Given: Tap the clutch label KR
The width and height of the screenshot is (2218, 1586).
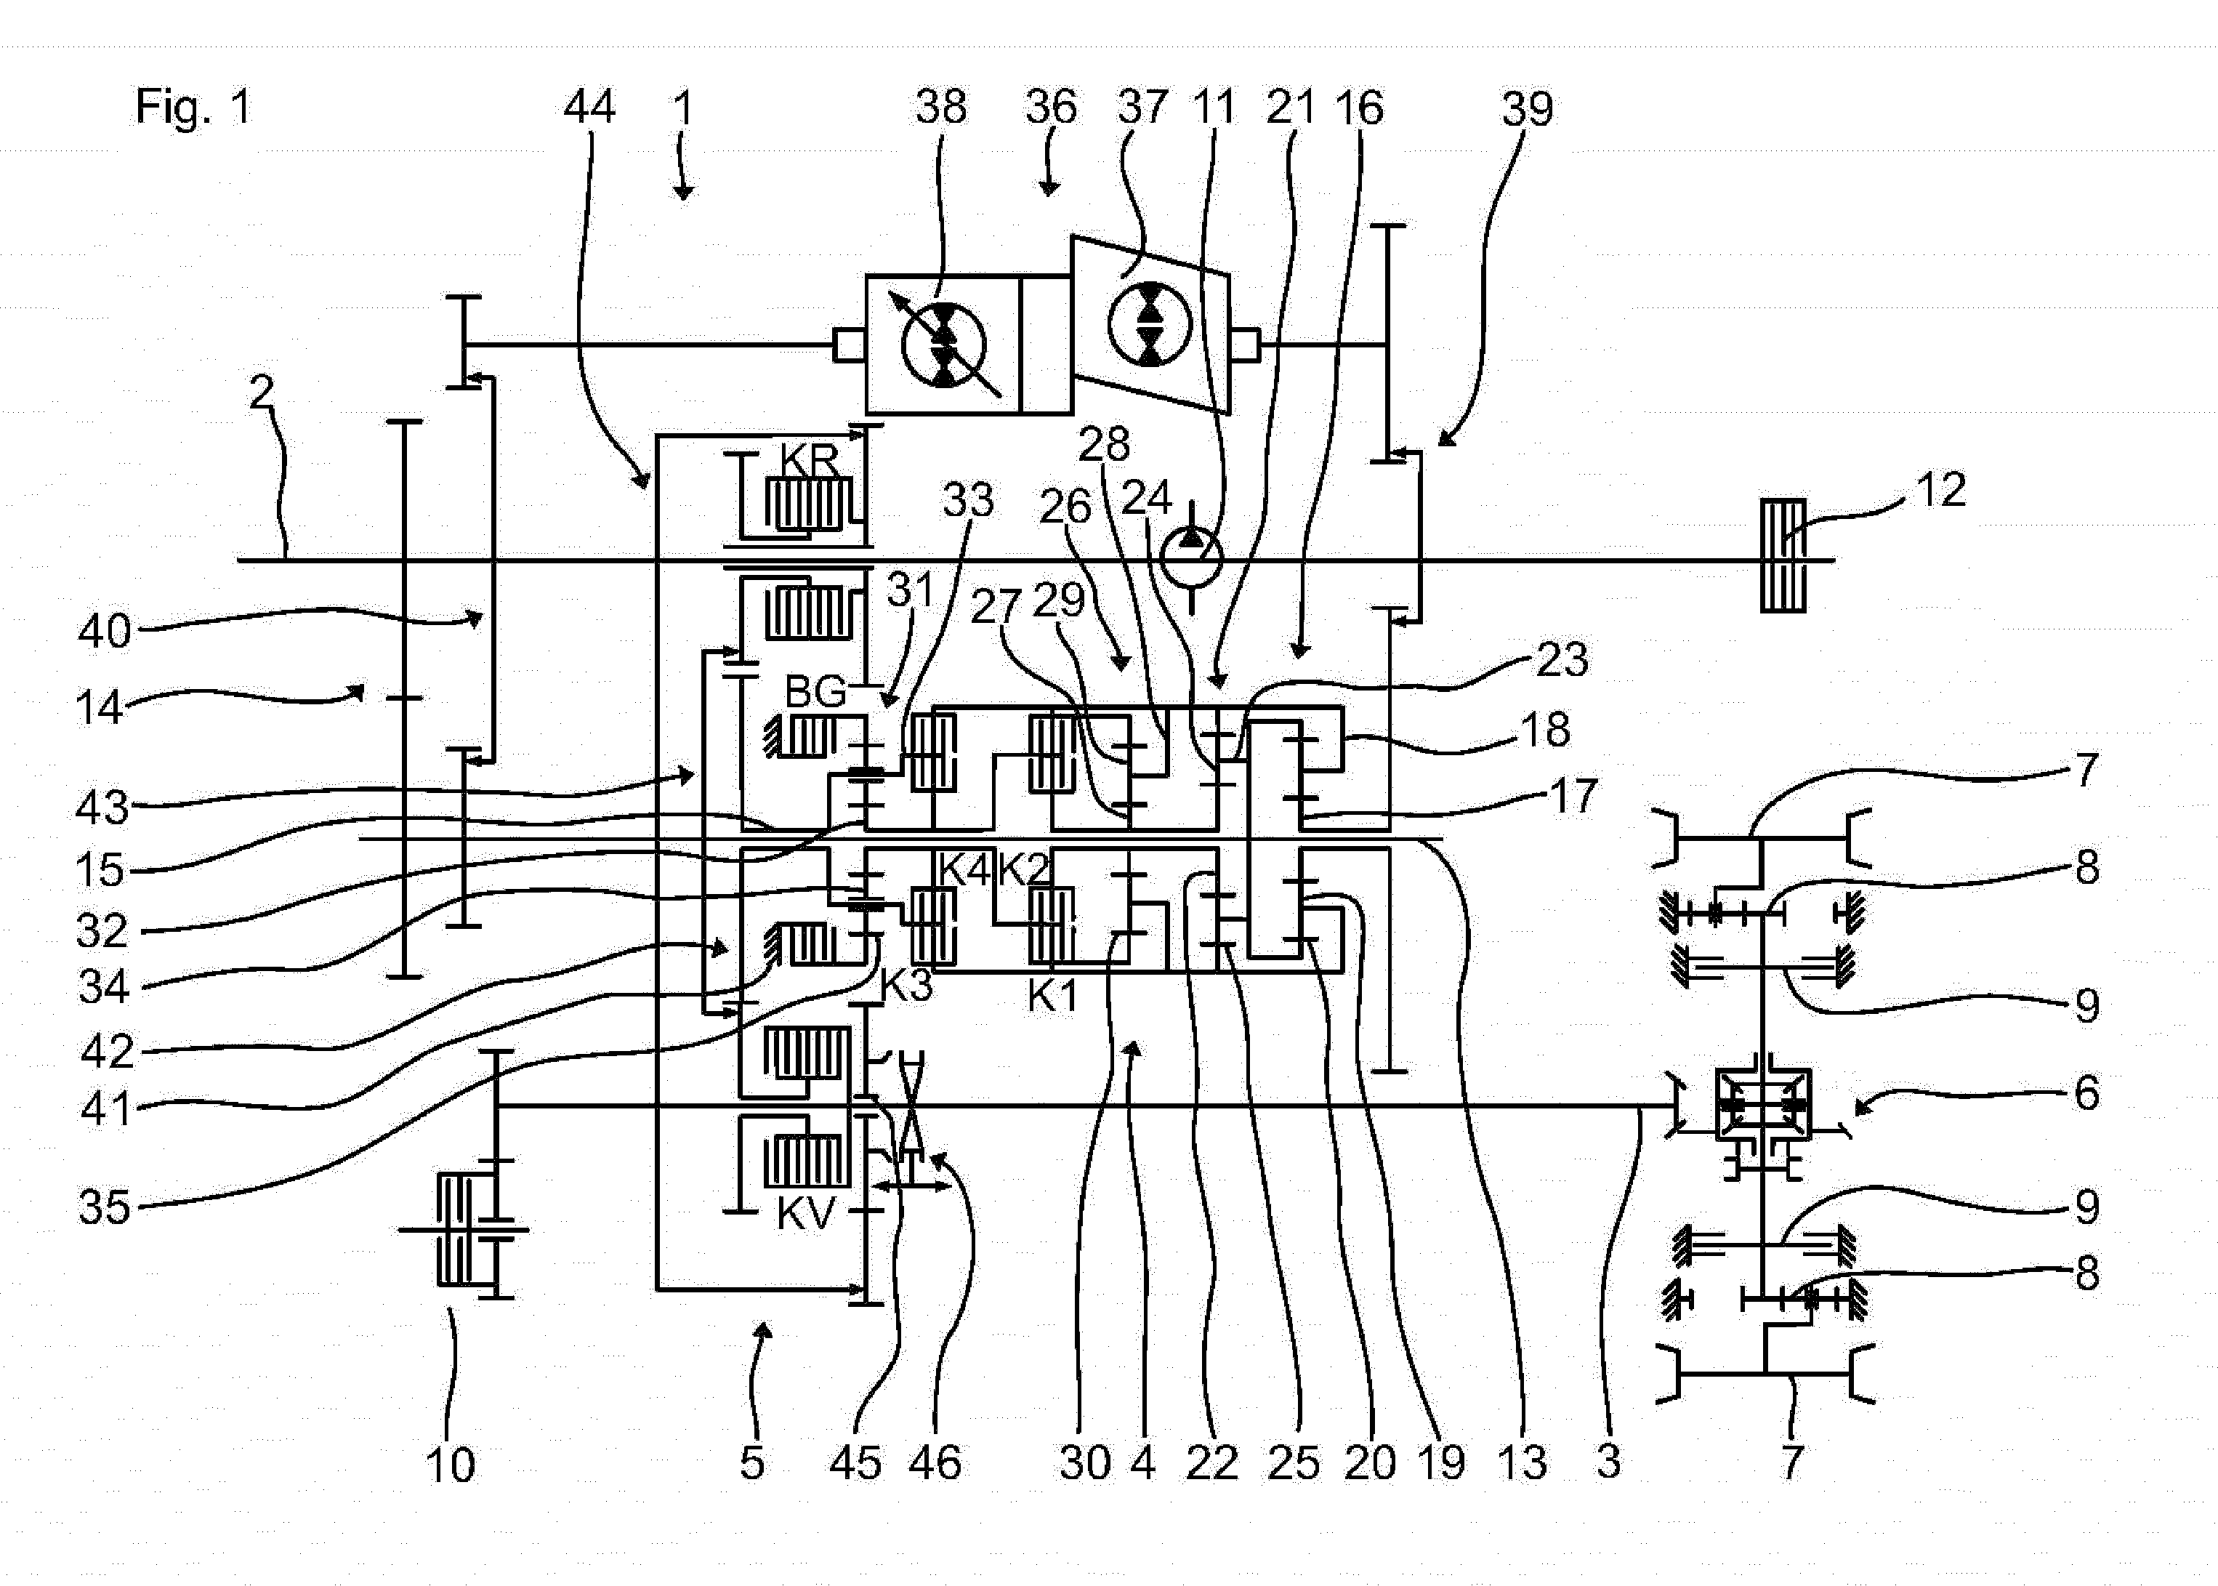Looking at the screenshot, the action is (810, 460).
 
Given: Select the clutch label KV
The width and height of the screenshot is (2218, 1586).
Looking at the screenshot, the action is (807, 1214).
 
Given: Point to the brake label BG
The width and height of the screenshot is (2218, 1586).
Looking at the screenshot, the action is (815, 693).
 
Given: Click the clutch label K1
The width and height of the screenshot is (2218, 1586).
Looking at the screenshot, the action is (1053, 995).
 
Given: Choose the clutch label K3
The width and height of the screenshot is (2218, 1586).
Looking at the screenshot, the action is (906, 986).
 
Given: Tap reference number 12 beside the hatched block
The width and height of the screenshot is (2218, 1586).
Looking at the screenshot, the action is (1940, 489).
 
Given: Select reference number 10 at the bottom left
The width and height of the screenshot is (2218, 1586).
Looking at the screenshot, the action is (450, 1465).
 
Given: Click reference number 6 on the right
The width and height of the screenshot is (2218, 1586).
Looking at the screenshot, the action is (2086, 1092).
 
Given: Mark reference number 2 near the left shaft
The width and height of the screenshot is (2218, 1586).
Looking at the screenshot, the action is (262, 393).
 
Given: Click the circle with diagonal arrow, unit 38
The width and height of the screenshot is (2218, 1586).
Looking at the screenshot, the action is (944, 346).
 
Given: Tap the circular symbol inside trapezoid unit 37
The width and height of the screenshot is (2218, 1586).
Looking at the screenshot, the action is (1149, 324).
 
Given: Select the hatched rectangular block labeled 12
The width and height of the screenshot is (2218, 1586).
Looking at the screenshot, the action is (1783, 556).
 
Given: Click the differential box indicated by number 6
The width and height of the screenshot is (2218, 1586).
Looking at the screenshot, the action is (1764, 1105).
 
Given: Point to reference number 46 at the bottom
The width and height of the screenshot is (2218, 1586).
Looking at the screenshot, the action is (935, 1463).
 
